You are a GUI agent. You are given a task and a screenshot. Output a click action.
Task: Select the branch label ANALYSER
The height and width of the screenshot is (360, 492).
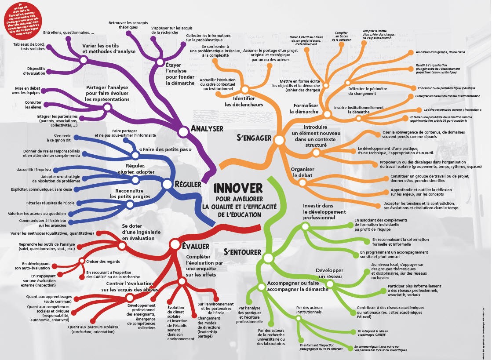tap(207, 129)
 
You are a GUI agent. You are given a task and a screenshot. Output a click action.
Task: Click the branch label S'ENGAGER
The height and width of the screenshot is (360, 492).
tap(254, 138)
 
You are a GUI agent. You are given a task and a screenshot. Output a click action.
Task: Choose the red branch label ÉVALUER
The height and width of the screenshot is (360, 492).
tap(195, 247)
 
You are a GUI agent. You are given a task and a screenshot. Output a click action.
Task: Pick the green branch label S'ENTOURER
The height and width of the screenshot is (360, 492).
tap(242, 252)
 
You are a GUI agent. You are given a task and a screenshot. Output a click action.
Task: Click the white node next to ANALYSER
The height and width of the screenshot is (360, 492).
tap(183, 131)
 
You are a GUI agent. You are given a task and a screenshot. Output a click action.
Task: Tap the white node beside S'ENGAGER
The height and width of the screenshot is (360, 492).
tap(278, 140)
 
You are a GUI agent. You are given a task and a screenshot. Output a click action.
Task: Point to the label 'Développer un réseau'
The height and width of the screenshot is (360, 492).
tap(329, 273)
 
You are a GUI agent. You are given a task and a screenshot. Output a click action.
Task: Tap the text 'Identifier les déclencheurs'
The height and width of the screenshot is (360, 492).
tap(244, 102)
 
